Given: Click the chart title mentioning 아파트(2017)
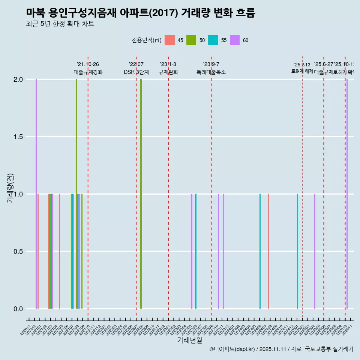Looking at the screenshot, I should (141, 13).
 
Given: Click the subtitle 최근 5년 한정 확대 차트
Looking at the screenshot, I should (60, 24).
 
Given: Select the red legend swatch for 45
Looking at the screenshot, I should (170, 40).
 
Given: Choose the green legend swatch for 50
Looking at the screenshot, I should (191, 40).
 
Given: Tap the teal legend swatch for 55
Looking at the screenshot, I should (213, 40).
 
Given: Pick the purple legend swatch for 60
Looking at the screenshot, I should (235, 40).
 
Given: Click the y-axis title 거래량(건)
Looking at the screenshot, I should (10, 188).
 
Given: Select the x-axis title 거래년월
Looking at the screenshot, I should (189, 340).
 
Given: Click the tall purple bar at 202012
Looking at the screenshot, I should (36, 194).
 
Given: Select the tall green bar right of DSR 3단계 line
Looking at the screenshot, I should (141, 194).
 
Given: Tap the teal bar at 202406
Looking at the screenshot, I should (260, 251).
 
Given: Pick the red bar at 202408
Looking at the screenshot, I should (268, 251).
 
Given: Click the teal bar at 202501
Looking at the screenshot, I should (298, 251).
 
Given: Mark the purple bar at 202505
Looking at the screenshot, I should (315, 251).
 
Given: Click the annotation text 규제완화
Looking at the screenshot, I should (168, 72).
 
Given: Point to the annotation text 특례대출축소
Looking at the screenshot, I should (211, 72).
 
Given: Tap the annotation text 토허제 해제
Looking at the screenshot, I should (302, 71).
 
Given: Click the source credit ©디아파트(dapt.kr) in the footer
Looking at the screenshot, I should (232, 349).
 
